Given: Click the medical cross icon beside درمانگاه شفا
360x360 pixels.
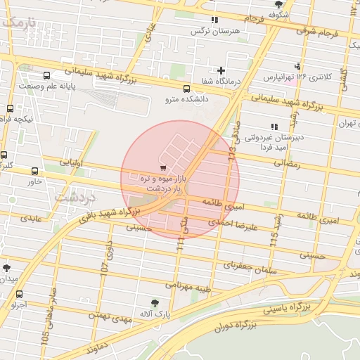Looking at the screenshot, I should (221, 70).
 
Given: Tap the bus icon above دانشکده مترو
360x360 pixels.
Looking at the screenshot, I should (186, 89).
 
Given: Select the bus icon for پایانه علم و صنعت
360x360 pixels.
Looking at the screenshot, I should (46, 75).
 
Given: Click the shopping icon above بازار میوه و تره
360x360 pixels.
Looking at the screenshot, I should (163, 168).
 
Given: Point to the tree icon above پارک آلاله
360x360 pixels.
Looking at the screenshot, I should (155, 302).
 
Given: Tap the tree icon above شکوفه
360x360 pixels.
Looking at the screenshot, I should (279, 4).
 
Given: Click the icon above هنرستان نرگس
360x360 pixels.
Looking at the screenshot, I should (214, 20).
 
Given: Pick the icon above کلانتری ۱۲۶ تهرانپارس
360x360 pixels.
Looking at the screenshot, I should (303, 65).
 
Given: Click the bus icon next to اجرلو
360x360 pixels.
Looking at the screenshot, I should (19, 295).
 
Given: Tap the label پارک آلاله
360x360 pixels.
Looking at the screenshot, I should (155, 313).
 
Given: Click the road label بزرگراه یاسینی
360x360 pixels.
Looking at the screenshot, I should (285, 308).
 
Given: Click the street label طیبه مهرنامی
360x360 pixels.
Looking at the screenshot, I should (188, 285).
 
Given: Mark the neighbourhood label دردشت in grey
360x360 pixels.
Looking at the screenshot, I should (72, 197).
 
